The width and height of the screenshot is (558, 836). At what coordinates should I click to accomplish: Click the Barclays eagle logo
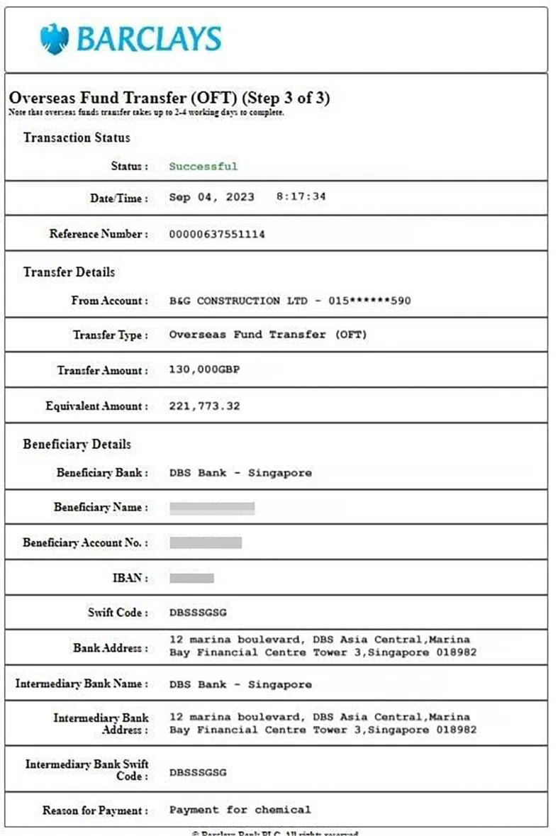[55, 38]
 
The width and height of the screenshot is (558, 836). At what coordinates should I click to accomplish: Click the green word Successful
[203, 167]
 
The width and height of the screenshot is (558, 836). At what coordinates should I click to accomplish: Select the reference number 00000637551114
[217, 234]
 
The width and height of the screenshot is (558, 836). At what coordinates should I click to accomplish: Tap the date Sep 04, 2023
[211, 197]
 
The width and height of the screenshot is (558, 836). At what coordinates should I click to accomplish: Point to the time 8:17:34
[301, 197]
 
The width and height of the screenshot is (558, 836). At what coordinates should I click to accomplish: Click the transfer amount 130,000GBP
[205, 370]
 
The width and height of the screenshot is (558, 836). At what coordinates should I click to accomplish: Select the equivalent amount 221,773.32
[204, 406]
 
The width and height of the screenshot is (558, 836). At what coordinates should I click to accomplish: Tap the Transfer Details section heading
[69, 272]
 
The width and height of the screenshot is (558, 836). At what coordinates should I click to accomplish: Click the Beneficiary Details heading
[77, 445]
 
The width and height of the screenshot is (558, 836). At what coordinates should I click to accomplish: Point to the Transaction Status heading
[77, 138]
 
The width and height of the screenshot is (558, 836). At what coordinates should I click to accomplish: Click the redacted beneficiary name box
[212, 508]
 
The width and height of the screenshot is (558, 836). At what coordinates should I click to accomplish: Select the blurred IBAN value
[191, 578]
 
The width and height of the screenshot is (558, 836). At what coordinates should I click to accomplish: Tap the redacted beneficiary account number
[206, 542]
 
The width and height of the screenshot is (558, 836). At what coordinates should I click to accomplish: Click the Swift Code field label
[118, 613]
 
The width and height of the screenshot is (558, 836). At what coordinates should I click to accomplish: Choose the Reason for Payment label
[95, 810]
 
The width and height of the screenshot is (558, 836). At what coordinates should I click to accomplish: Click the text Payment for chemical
[240, 810]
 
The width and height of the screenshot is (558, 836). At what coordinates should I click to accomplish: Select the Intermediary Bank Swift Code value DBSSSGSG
[198, 772]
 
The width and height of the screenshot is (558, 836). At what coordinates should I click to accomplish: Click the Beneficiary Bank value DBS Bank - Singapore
[240, 473]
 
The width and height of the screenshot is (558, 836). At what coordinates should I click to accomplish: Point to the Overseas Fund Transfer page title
[169, 98]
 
